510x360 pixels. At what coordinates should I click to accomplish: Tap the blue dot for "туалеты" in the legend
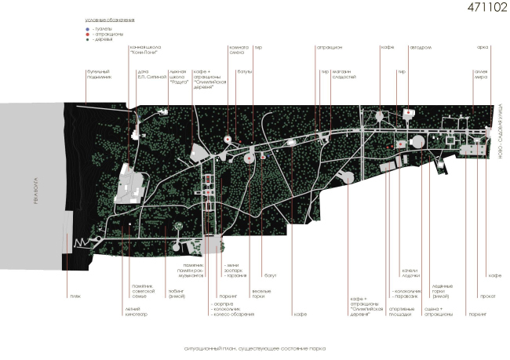pos(89,26)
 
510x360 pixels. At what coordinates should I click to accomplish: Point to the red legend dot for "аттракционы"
pos(89,32)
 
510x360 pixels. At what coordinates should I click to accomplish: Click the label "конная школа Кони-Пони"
pos(146,50)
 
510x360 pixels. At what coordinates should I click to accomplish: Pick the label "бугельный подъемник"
pos(97,75)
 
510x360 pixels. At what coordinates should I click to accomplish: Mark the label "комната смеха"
pos(239,50)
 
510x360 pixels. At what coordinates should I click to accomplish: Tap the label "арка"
pos(482,47)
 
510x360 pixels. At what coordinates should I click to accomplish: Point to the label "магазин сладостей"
pos(344,75)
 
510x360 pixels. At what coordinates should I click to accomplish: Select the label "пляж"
pos(76,275)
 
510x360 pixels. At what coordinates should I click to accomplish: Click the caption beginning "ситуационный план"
pos(250,347)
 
